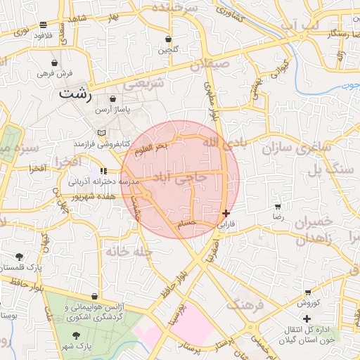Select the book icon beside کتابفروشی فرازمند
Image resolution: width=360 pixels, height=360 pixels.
tap(103, 133)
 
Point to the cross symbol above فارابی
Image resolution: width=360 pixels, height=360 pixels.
tap(225, 213)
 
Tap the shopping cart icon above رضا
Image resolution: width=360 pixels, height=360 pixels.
tap(278, 207)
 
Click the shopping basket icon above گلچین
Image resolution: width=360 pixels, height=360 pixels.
tap(169, 39)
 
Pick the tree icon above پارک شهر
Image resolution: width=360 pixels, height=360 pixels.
tap(77, 335)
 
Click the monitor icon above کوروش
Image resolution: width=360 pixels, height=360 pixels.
tap(308, 292)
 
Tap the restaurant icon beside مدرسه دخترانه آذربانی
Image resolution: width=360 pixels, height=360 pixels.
tap(103, 171)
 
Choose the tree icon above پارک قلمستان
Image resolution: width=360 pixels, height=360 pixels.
tap(18, 257)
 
